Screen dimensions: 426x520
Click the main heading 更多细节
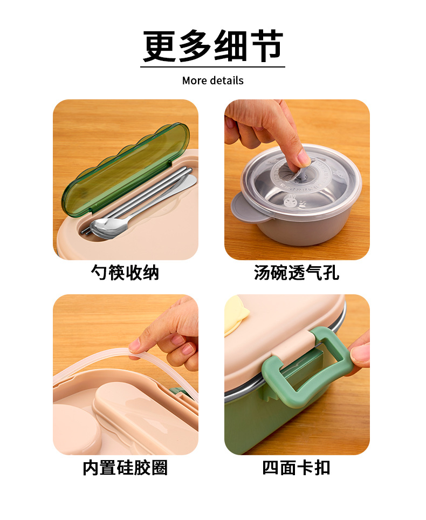click(x=212, y=46)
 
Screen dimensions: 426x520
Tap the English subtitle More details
click(x=212, y=80)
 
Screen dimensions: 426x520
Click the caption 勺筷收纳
click(x=125, y=273)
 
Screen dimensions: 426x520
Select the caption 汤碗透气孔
click(x=297, y=273)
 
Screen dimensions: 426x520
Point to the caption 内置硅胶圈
click(x=125, y=468)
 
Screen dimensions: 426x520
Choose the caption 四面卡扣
click(x=297, y=468)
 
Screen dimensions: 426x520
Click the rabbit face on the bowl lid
click(x=291, y=201)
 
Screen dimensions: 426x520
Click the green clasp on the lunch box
click(x=304, y=369)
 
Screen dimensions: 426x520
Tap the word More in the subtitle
click(x=195, y=80)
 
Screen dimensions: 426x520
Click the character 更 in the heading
click(x=160, y=46)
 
